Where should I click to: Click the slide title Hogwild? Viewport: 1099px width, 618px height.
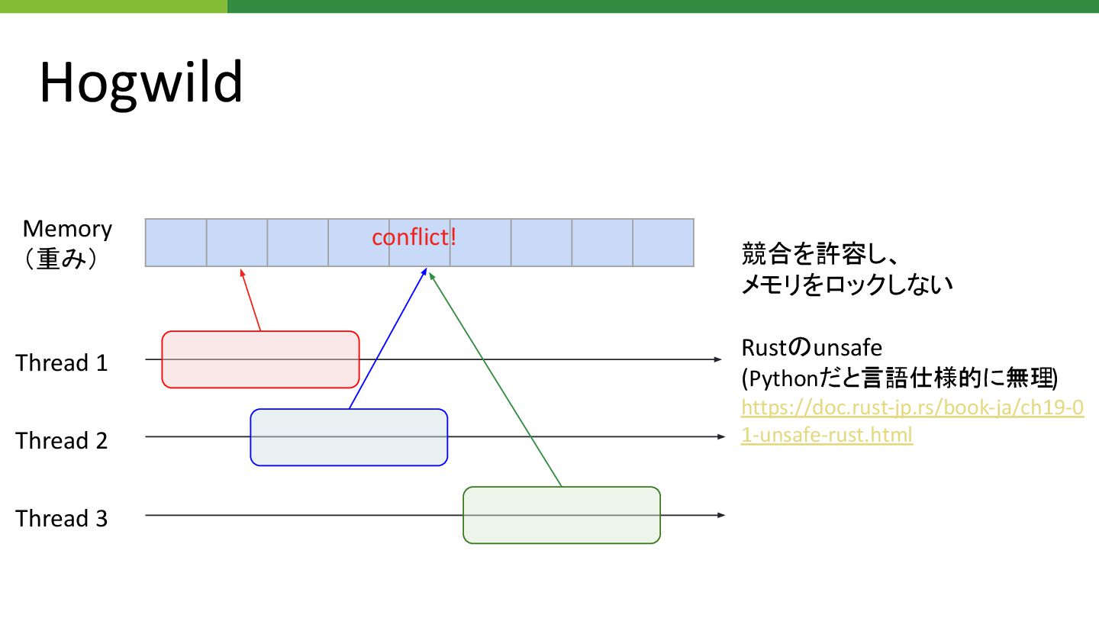tap(141, 82)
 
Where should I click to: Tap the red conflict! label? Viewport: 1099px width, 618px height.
tap(414, 237)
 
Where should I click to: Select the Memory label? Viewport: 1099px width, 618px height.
tap(67, 229)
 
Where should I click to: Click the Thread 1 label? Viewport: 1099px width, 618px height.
tap(62, 362)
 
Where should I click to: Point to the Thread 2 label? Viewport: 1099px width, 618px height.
tap(62, 440)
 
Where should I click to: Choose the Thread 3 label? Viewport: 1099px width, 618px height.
tap(62, 519)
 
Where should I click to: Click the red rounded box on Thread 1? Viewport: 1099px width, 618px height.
tap(260, 359)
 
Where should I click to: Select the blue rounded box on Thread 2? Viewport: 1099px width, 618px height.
tap(349, 437)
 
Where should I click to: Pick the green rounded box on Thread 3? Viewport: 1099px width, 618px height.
tap(562, 515)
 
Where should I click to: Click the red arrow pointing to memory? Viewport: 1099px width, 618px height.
tap(251, 300)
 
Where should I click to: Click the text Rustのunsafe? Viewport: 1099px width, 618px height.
tap(811, 348)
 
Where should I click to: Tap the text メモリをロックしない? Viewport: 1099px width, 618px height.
tap(847, 285)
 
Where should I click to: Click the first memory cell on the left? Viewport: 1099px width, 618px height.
tap(176, 243)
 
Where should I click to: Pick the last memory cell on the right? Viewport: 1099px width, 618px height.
tap(663, 243)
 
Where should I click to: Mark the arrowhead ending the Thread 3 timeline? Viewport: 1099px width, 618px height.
tap(720, 516)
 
